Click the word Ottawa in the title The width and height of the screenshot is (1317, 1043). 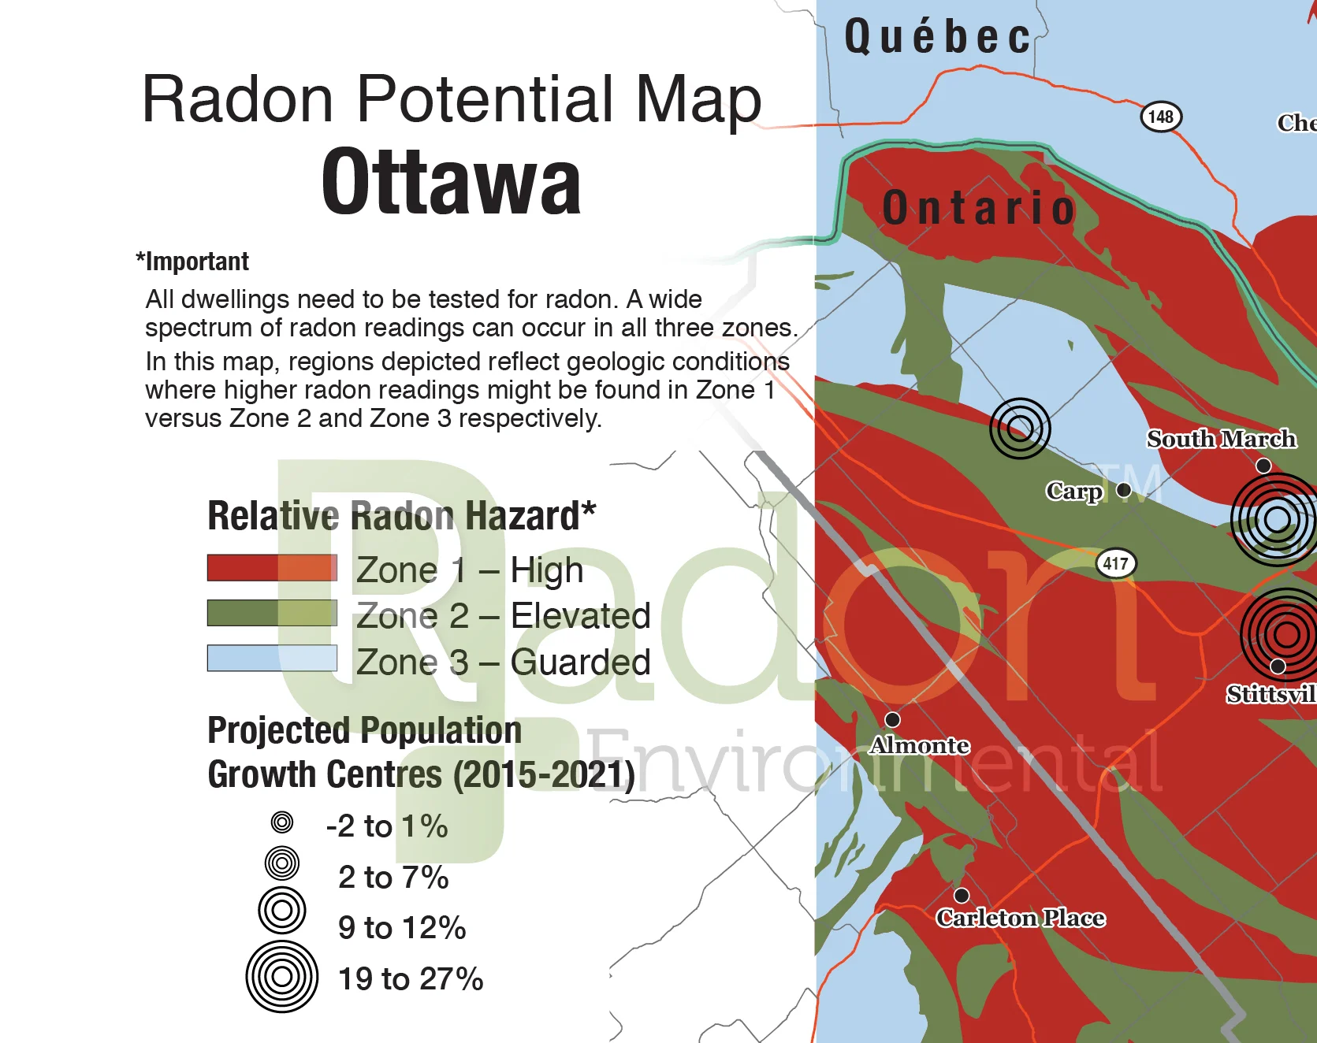coord(451,183)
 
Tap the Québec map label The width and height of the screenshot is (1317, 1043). coord(937,37)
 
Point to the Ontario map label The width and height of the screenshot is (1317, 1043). coord(979,208)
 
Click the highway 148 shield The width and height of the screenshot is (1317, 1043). coord(1160,117)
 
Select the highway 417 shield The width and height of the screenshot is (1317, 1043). coord(1115,563)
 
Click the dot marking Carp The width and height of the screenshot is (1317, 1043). coord(1124,490)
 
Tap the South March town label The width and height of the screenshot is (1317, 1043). coord(1221,439)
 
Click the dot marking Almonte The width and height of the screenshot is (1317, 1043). coord(892,719)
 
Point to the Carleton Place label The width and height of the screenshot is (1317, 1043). coord(1020,918)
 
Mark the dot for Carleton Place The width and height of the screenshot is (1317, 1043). coord(961,896)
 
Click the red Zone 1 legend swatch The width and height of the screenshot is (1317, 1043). coord(272,568)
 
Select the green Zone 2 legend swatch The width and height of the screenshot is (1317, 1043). coord(272,613)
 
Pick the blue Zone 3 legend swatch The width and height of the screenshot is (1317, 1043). coord(272,658)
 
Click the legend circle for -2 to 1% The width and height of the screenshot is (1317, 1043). coord(281,822)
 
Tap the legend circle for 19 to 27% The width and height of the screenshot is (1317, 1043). coord(281,977)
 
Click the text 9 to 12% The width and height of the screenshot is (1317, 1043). coord(402,928)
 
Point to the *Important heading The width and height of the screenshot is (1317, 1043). coord(192,262)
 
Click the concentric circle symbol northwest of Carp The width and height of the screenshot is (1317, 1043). coord(1020,428)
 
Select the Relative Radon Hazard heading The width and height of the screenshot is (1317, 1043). coord(401,516)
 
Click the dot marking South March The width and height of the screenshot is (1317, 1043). coord(1263,466)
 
